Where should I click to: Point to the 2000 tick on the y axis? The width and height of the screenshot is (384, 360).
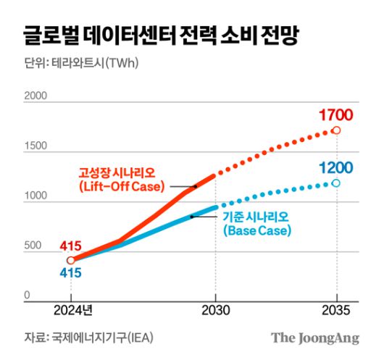tap(36, 96)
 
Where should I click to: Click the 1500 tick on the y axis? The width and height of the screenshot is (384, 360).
tap(36, 146)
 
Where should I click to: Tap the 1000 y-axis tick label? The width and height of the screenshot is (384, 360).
tap(36, 196)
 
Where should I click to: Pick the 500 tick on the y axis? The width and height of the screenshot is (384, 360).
tap(33, 246)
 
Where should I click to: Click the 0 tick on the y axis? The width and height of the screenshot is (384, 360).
tap(28, 296)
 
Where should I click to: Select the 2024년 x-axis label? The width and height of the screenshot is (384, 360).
tap(71, 311)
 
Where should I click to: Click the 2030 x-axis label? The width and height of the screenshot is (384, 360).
tap(215, 311)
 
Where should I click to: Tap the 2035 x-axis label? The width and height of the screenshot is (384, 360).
tap(336, 311)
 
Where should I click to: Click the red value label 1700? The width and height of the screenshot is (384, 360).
tap(335, 114)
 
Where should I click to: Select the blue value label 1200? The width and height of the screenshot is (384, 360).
tap(335, 169)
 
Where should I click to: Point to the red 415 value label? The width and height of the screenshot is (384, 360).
tap(70, 246)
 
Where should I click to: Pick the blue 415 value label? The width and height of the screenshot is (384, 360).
tap(70, 274)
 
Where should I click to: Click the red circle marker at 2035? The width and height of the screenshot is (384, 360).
tap(336, 130)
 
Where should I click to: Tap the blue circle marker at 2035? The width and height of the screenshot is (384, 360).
tap(336, 183)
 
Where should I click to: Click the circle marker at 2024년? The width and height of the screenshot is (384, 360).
tap(71, 260)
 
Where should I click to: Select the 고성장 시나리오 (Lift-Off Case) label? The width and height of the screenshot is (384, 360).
tap(122, 180)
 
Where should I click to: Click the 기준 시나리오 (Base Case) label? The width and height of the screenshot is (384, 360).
tap(256, 224)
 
